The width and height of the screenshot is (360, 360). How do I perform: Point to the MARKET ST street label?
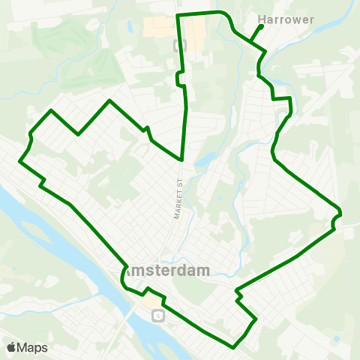tap(178, 199)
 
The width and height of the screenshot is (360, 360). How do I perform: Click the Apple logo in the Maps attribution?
tap(12, 347)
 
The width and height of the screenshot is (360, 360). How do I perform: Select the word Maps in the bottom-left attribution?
tap(34, 347)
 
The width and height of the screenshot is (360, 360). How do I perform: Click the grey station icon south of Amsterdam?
tap(157, 316)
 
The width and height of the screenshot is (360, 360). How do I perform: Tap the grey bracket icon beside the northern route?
tap(176, 44)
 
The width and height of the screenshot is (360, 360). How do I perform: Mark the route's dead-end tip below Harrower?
tap(260, 26)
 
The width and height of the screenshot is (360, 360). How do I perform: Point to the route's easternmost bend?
tap(341, 214)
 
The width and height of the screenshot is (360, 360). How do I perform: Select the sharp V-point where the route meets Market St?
tap(182, 160)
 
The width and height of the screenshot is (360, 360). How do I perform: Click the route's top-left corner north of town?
tap(177, 15)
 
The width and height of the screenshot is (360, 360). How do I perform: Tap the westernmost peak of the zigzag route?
tap(51, 111)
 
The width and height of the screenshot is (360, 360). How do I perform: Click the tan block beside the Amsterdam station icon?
tap(153, 301)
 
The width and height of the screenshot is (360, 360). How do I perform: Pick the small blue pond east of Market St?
tap(202, 160)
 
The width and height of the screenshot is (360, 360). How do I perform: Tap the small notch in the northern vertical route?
tap(179, 77)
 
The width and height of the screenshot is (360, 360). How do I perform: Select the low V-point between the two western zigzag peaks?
tap(79, 135)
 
